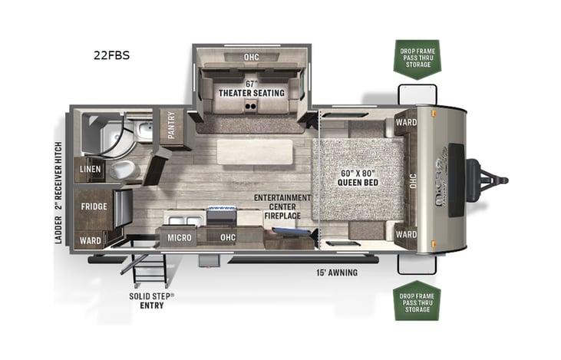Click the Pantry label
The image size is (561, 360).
coord(172,125)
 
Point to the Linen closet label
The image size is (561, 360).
coord(90,170)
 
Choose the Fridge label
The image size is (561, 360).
coord(94,206)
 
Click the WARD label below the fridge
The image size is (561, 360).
coord(90,240)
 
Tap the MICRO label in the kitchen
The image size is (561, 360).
coord(180,238)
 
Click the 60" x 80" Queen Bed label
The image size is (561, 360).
coord(359,178)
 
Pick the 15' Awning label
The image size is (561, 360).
coord(338,272)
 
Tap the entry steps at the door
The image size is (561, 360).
coord(150,266)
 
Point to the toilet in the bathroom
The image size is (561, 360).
coord(122,170)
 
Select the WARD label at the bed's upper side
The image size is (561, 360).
coord(405,122)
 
